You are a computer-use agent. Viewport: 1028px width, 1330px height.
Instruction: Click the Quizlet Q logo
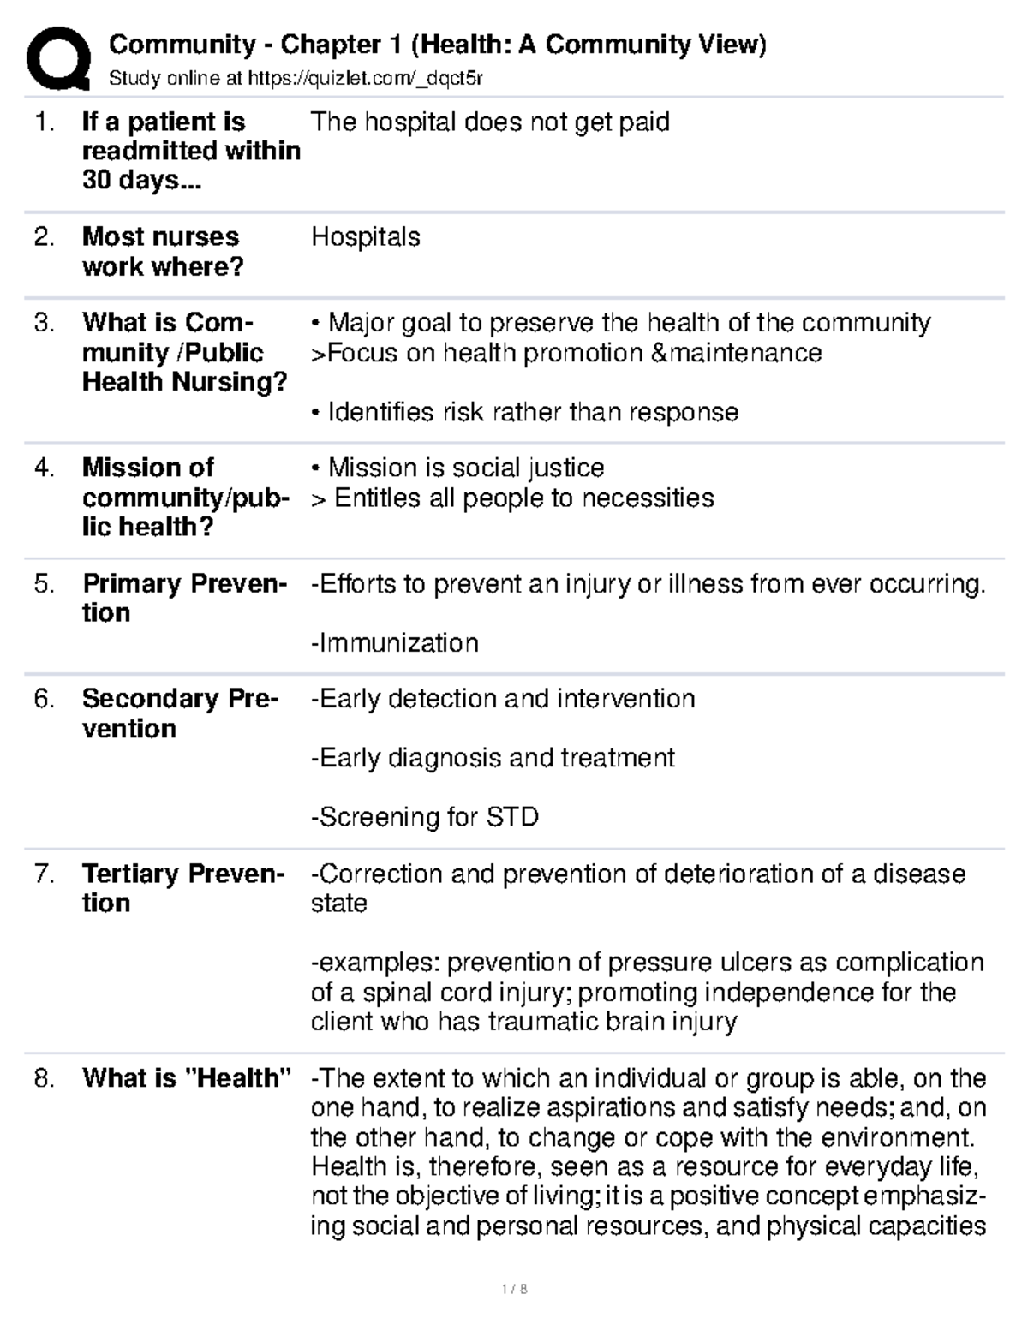click(x=58, y=58)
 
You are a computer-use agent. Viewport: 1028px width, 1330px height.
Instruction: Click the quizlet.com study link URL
click(x=365, y=80)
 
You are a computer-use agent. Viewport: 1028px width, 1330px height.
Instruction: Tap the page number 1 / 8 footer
click(x=514, y=1289)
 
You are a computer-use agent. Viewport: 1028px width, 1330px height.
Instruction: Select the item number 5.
click(x=45, y=584)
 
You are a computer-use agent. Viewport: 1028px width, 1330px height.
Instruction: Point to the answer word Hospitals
click(x=366, y=237)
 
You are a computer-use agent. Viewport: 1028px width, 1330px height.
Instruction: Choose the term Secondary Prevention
click(x=180, y=713)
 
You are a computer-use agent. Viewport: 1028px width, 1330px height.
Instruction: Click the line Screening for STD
click(x=425, y=817)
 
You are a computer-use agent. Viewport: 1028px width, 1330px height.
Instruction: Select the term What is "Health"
click(x=187, y=1078)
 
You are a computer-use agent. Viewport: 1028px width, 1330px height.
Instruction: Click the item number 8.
click(x=45, y=1078)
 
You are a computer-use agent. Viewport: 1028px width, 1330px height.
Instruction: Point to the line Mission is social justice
click(x=458, y=468)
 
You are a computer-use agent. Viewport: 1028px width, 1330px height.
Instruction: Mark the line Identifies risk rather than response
click(x=525, y=413)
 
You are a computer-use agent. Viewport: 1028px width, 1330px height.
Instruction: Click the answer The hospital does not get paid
click(x=490, y=122)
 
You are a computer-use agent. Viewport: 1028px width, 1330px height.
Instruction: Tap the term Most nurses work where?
click(x=162, y=252)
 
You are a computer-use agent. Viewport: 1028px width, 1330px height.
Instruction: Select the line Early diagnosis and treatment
click(x=493, y=758)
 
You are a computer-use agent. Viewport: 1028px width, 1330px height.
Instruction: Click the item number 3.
click(x=45, y=324)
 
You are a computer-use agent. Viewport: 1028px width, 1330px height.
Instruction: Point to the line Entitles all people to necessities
click(x=513, y=498)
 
